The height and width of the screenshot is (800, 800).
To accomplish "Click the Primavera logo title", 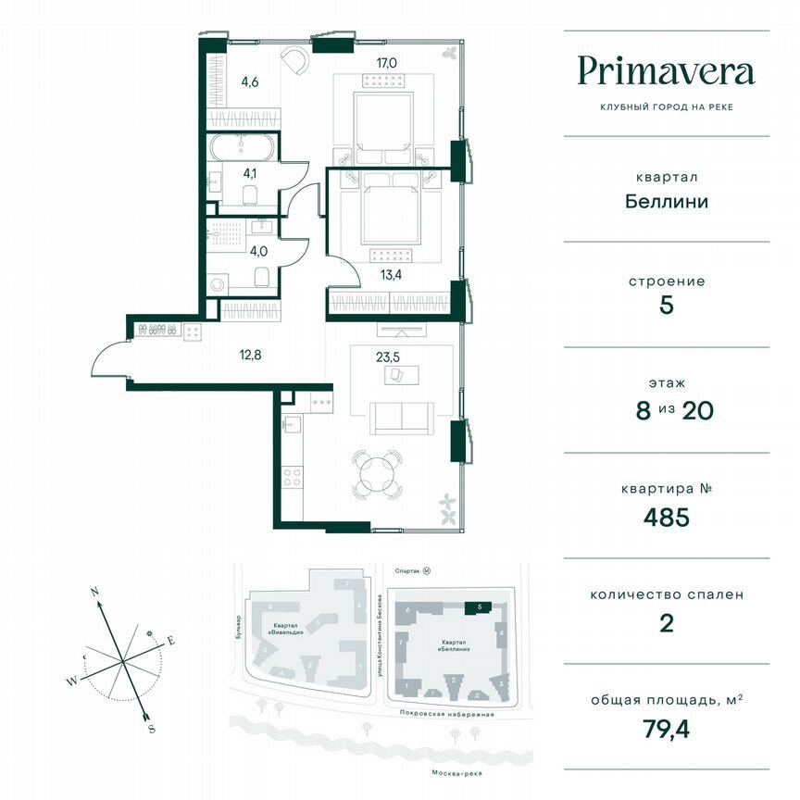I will point(666,70).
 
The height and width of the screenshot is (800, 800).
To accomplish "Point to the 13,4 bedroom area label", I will point(367,274).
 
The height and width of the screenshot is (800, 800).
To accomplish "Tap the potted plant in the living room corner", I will point(448,504).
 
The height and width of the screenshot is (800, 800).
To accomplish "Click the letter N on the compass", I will point(94,589).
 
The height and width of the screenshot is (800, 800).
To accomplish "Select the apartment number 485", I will point(666,517).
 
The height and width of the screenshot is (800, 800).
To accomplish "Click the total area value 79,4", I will point(666,728).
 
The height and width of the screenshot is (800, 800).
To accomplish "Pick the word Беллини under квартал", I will point(666,200).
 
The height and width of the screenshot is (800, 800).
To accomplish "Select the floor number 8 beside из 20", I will point(643,411).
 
